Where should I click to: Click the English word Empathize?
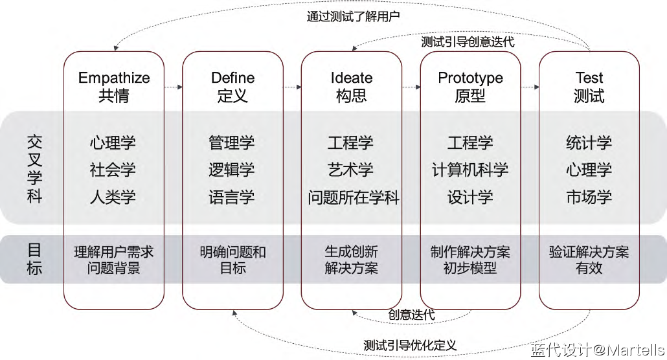coord(114,78)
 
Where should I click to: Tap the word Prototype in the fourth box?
coord(470,78)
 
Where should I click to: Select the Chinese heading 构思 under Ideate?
coord(352,96)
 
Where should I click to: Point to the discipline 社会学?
coord(113,170)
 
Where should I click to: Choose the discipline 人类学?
coord(113,197)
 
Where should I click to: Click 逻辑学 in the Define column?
coord(232,170)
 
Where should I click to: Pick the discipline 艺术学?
coord(351,170)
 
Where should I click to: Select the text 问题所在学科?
coord(354,197)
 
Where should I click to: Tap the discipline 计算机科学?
coord(470,170)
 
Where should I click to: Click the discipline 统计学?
coord(589,143)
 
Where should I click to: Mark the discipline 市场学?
coord(589,197)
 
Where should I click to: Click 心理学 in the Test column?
coord(589,170)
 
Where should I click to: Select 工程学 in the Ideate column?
coord(351,143)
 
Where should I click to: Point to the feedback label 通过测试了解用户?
coord(353,16)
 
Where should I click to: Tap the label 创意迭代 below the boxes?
coord(411,315)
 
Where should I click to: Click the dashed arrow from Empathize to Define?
coord(173,87)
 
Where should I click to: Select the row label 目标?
coord(34,258)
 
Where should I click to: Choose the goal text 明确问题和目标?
coord(232,259)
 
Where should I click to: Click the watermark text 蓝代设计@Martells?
coord(597,350)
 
